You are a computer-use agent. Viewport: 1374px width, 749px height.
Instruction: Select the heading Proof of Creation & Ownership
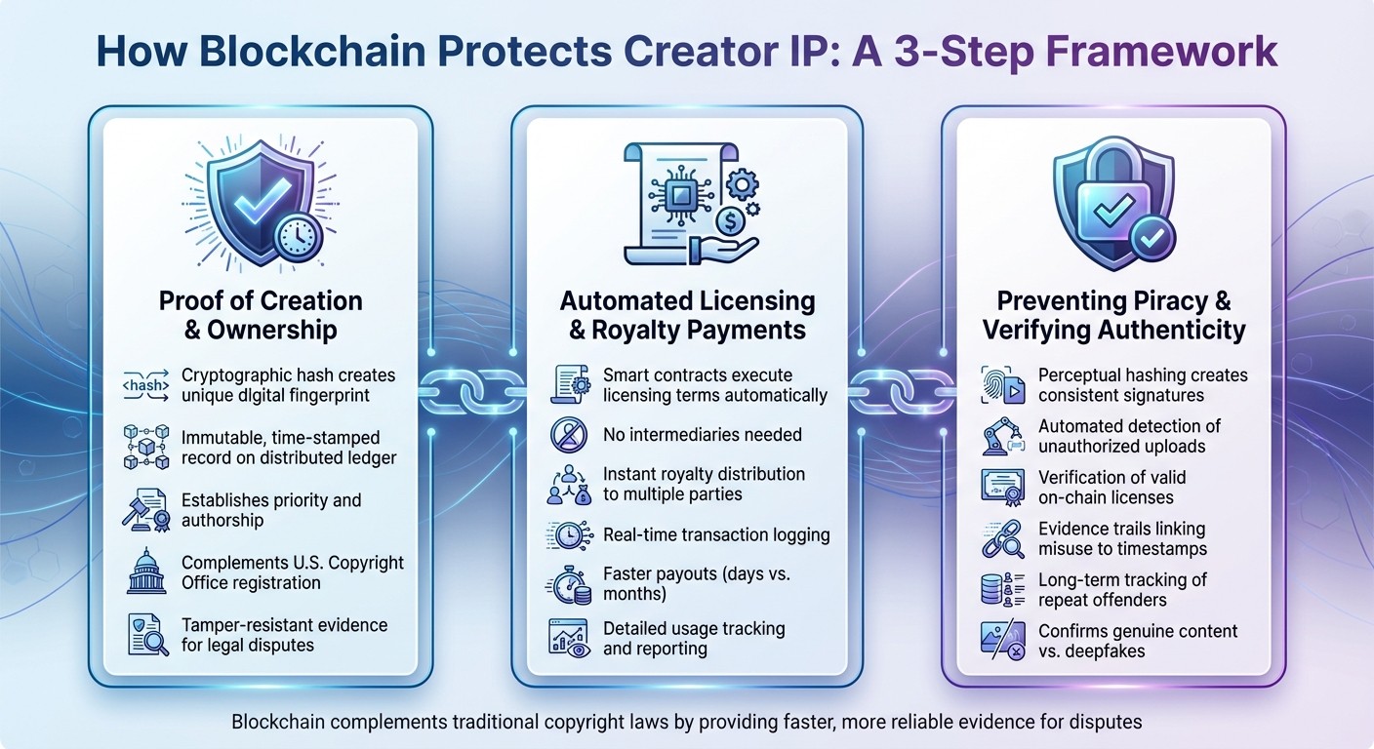click(260, 314)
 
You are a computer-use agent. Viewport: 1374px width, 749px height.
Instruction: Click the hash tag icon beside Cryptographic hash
click(145, 385)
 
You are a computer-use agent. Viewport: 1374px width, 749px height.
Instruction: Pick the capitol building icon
click(145, 573)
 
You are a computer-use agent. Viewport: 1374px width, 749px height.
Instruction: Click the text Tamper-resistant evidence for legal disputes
click(284, 635)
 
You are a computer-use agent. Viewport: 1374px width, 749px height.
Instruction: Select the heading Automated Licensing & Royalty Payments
click(687, 314)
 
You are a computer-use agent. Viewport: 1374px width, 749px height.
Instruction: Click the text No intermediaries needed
click(702, 435)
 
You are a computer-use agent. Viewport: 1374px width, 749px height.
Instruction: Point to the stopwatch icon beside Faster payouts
click(567, 586)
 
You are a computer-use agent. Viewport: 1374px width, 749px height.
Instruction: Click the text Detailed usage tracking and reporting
click(694, 638)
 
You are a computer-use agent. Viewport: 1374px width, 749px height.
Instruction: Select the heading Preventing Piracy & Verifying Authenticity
click(1113, 314)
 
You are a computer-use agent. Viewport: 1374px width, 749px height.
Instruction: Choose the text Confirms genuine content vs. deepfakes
click(1137, 642)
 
